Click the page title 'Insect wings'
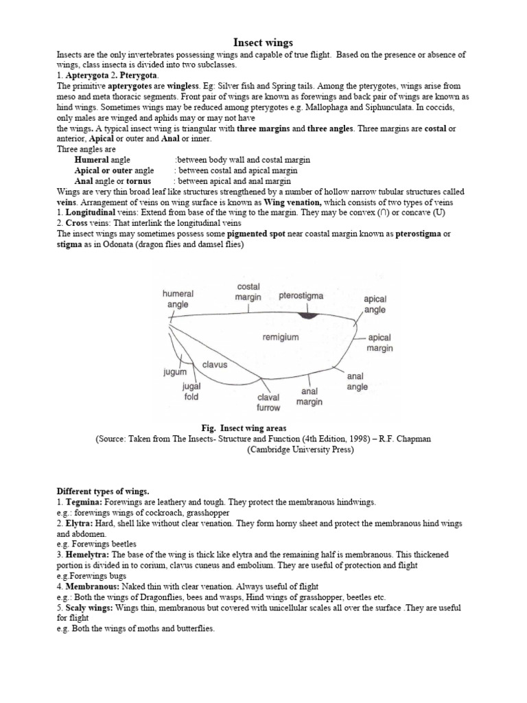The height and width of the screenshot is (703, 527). pyautogui.click(x=263, y=43)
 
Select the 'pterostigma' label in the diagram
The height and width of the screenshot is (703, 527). pyautogui.click(x=302, y=296)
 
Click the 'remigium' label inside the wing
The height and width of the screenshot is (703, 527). pyautogui.click(x=281, y=337)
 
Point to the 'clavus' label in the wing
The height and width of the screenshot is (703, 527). pyautogui.click(x=215, y=365)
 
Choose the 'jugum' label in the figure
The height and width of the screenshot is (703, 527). pyautogui.click(x=175, y=371)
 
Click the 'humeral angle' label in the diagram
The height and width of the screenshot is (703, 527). pyautogui.click(x=178, y=299)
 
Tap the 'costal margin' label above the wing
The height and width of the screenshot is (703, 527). pyautogui.click(x=248, y=292)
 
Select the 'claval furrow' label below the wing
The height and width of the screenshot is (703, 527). pyautogui.click(x=268, y=402)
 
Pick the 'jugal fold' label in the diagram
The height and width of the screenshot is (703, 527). pyautogui.click(x=191, y=391)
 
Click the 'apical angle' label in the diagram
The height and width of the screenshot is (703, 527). pyautogui.click(x=375, y=304)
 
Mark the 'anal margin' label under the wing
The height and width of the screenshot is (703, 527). pyautogui.click(x=309, y=397)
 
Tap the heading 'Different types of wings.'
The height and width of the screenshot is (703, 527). pyautogui.click(x=102, y=492)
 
